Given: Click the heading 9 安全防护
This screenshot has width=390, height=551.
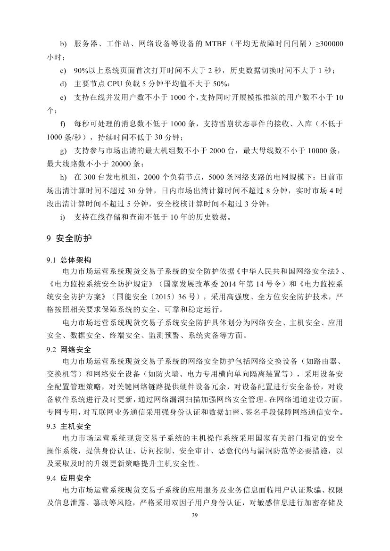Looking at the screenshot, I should click(69, 239).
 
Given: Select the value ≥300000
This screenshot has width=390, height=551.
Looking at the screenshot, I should click(329, 44).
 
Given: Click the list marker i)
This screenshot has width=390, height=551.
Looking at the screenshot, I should click(62, 217).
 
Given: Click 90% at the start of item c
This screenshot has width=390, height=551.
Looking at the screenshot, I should click(81, 71).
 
